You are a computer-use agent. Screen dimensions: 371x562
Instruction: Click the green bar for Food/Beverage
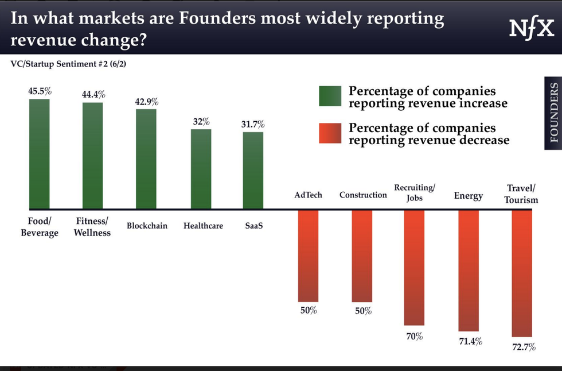click(x=40, y=153)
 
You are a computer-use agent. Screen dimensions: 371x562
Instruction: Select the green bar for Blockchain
click(x=146, y=159)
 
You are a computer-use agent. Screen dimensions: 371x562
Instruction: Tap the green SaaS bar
click(x=253, y=170)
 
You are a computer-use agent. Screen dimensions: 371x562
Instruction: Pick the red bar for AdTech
click(x=308, y=256)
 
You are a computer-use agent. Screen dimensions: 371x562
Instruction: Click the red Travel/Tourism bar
click(x=522, y=273)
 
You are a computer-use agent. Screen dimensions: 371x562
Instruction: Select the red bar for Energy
click(x=468, y=270)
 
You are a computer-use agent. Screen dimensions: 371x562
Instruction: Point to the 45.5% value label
click(x=40, y=90)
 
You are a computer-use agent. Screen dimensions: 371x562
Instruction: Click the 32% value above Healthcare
click(x=201, y=121)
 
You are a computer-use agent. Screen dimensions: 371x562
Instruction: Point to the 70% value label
click(x=415, y=336)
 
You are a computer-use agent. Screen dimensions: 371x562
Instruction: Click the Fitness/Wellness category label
click(x=92, y=226)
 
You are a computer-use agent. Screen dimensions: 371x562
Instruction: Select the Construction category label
click(x=363, y=195)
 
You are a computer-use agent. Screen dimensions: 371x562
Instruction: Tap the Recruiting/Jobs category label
click(x=415, y=192)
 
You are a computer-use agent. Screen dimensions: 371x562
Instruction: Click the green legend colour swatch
click(x=330, y=96)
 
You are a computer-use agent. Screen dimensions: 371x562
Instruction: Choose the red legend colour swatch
click(x=330, y=134)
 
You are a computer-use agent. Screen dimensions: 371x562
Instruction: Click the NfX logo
click(x=531, y=28)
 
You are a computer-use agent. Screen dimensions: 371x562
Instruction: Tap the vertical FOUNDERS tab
click(x=553, y=113)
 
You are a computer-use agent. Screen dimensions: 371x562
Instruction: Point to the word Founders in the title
click(x=217, y=18)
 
